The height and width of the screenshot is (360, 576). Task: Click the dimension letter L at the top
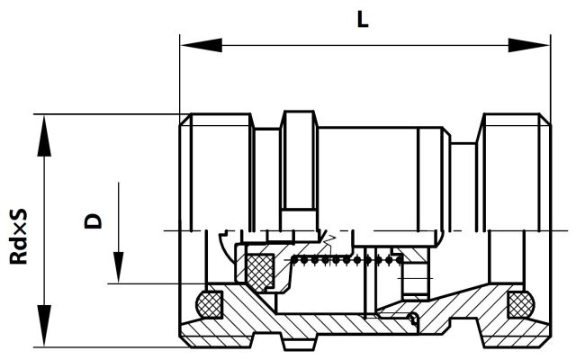coord(363,20)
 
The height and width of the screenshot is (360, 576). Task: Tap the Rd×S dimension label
coord(18,236)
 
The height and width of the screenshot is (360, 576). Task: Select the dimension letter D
coord(94,220)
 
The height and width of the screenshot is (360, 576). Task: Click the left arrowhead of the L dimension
coord(202,45)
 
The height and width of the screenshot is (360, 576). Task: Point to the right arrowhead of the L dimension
coord(528,45)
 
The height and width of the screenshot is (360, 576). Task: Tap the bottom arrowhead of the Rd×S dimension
coord(44,325)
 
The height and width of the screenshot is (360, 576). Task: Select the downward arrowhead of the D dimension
coord(118,267)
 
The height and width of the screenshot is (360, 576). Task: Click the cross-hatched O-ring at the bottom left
coord(210,304)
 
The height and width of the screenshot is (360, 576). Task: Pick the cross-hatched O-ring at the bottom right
coord(521,304)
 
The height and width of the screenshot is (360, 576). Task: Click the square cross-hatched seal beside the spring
coord(260,272)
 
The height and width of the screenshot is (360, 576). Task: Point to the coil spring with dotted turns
coord(347,260)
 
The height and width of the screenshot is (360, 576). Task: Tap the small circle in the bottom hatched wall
coord(414,317)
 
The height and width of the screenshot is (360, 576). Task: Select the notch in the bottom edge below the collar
coord(299,342)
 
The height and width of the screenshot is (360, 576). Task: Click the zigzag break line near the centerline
coord(329,241)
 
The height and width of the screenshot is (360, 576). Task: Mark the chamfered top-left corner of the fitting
coord(186,120)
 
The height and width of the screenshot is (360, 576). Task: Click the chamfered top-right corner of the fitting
coord(544,120)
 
